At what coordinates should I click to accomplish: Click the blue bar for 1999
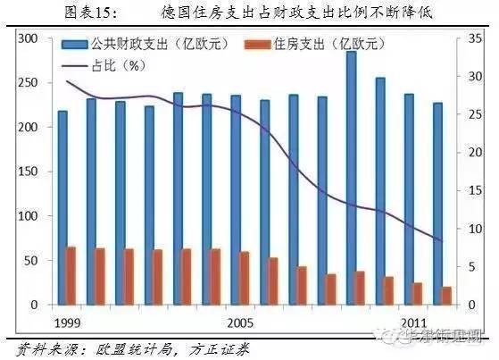[62, 207]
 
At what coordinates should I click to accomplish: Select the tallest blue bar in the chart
[351, 178]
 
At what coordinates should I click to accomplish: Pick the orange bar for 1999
[70, 276]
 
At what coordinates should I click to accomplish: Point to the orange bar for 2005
[244, 278]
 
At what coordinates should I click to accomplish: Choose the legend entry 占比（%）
[103, 64]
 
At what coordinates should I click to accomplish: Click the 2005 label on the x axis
[239, 320]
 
